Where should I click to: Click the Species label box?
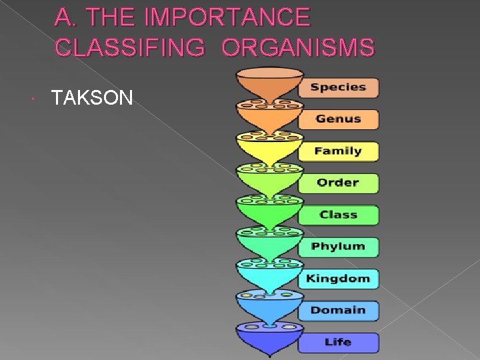coord(338,87)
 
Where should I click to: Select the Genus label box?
coord(338,119)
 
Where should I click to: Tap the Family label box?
coord(338,151)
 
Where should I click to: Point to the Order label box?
coord(338,183)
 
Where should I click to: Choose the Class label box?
coord(338,215)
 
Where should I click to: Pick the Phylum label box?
coord(338,247)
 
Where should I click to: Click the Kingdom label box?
coord(338,279)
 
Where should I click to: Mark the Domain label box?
coord(338,311)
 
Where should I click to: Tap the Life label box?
coord(338,343)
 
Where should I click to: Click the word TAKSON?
coord(93,99)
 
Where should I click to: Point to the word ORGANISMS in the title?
coord(298,47)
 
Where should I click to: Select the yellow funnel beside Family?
coord(269,149)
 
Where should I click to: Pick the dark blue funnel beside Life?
coord(269,340)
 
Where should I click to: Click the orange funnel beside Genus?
coord(269,117)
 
